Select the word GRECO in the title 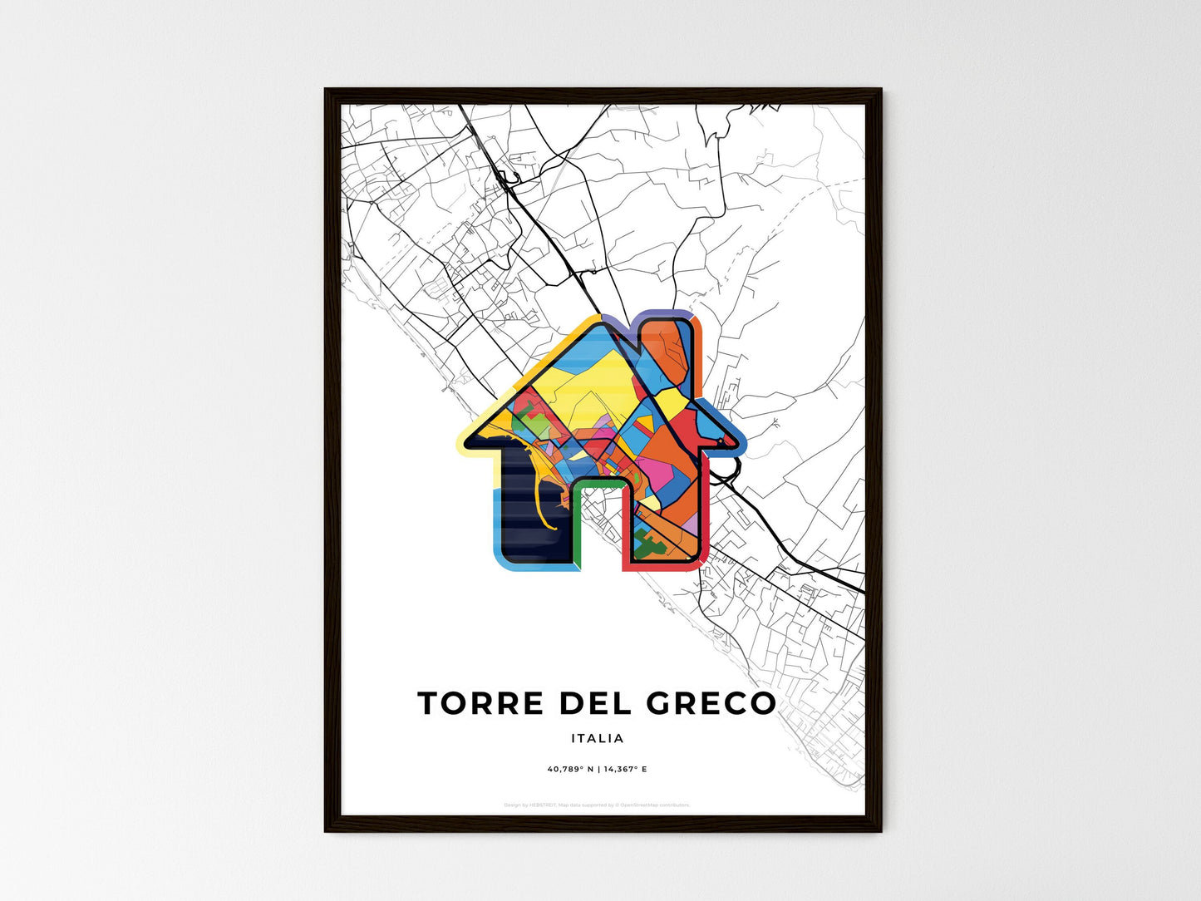pos(711,703)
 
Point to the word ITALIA pos(598,738)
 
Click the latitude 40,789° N pos(570,769)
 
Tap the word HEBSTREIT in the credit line pos(543,805)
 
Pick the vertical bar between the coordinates pos(598,769)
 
